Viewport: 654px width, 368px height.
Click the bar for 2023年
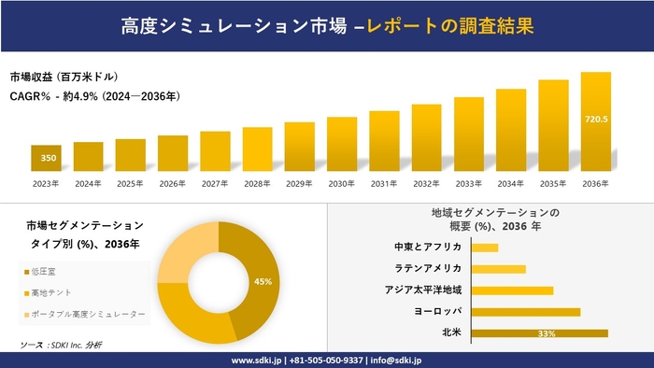(x=46, y=158)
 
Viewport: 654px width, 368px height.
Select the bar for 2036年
(x=595, y=121)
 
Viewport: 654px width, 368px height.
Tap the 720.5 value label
(x=595, y=120)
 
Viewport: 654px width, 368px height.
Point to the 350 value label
(x=46, y=158)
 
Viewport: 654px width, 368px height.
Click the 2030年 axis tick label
(x=341, y=183)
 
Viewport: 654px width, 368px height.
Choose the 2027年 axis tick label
(x=214, y=183)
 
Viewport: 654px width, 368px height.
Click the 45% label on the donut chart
(x=263, y=281)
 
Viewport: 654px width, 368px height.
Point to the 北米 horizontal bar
(x=539, y=333)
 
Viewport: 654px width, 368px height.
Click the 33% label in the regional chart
(x=547, y=333)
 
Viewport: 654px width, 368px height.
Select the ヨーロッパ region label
(x=435, y=311)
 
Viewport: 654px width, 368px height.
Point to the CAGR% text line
(x=94, y=95)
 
